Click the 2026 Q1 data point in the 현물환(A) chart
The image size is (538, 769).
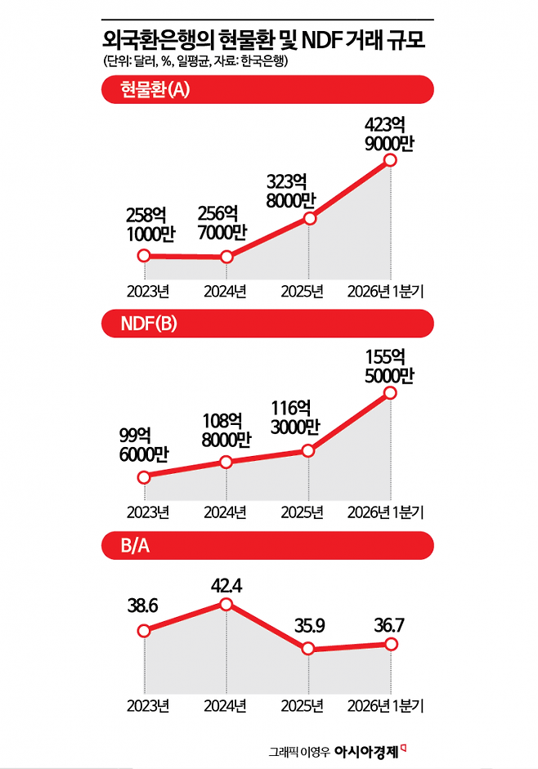(390, 160)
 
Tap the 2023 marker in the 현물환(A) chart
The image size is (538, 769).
(144, 256)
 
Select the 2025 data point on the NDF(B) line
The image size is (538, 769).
(307, 451)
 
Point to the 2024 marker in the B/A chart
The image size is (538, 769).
(226, 604)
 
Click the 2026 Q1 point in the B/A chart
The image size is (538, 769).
(391, 644)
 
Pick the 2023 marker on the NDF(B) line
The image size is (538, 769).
(144, 477)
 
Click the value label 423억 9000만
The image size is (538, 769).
(389, 134)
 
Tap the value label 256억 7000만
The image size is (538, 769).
(222, 223)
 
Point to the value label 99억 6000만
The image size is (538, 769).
(143, 445)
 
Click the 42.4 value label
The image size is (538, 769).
(226, 586)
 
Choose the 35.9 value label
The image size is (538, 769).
(309, 626)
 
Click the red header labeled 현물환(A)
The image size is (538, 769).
(267, 89)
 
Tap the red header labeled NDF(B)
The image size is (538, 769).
(267, 324)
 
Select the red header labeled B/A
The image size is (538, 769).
(267, 545)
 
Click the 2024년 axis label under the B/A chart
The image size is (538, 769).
(225, 706)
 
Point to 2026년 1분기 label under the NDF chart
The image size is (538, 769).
(385, 512)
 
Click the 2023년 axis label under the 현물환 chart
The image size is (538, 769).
(148, 291)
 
